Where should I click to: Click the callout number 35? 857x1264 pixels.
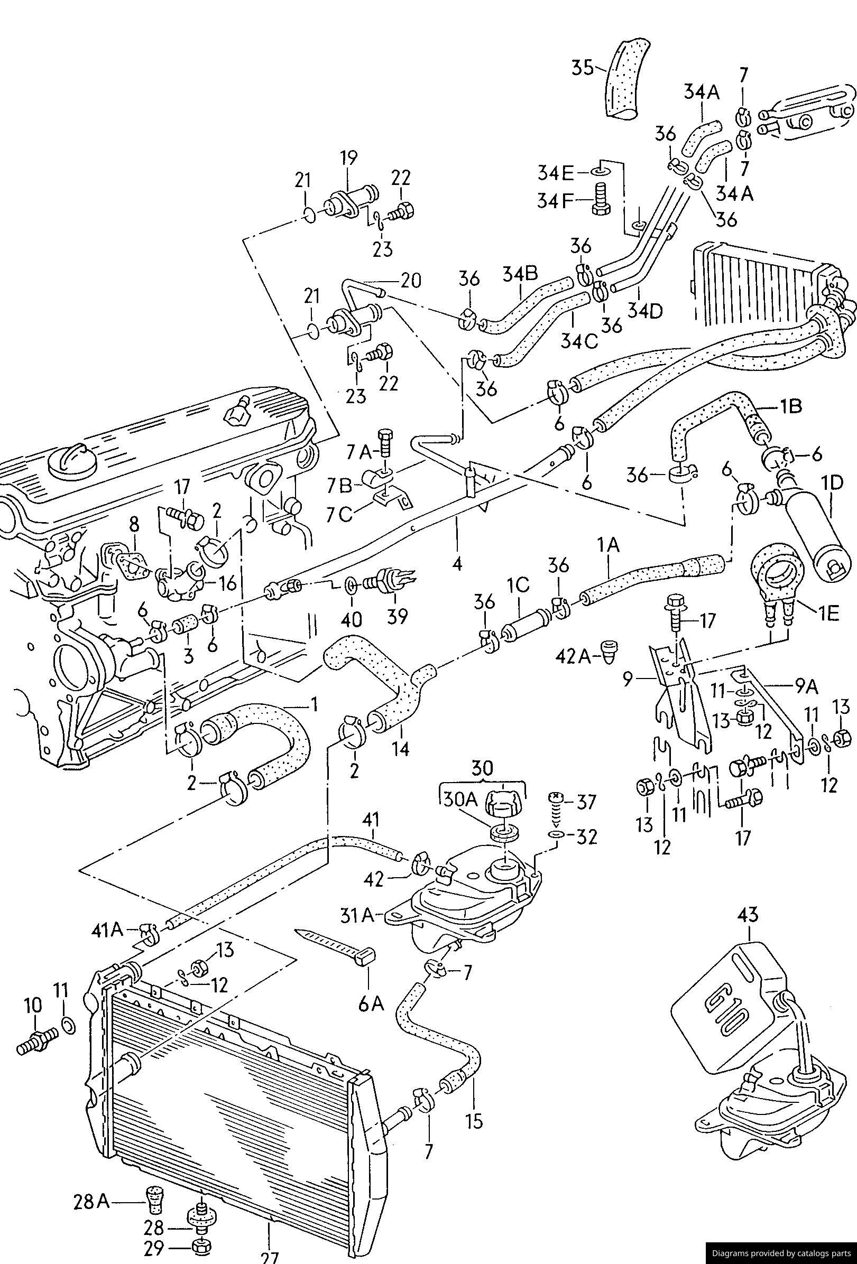click(584, 69)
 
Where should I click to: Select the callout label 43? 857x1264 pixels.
click(748, 915)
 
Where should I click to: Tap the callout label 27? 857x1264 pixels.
click(269, 1257)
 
